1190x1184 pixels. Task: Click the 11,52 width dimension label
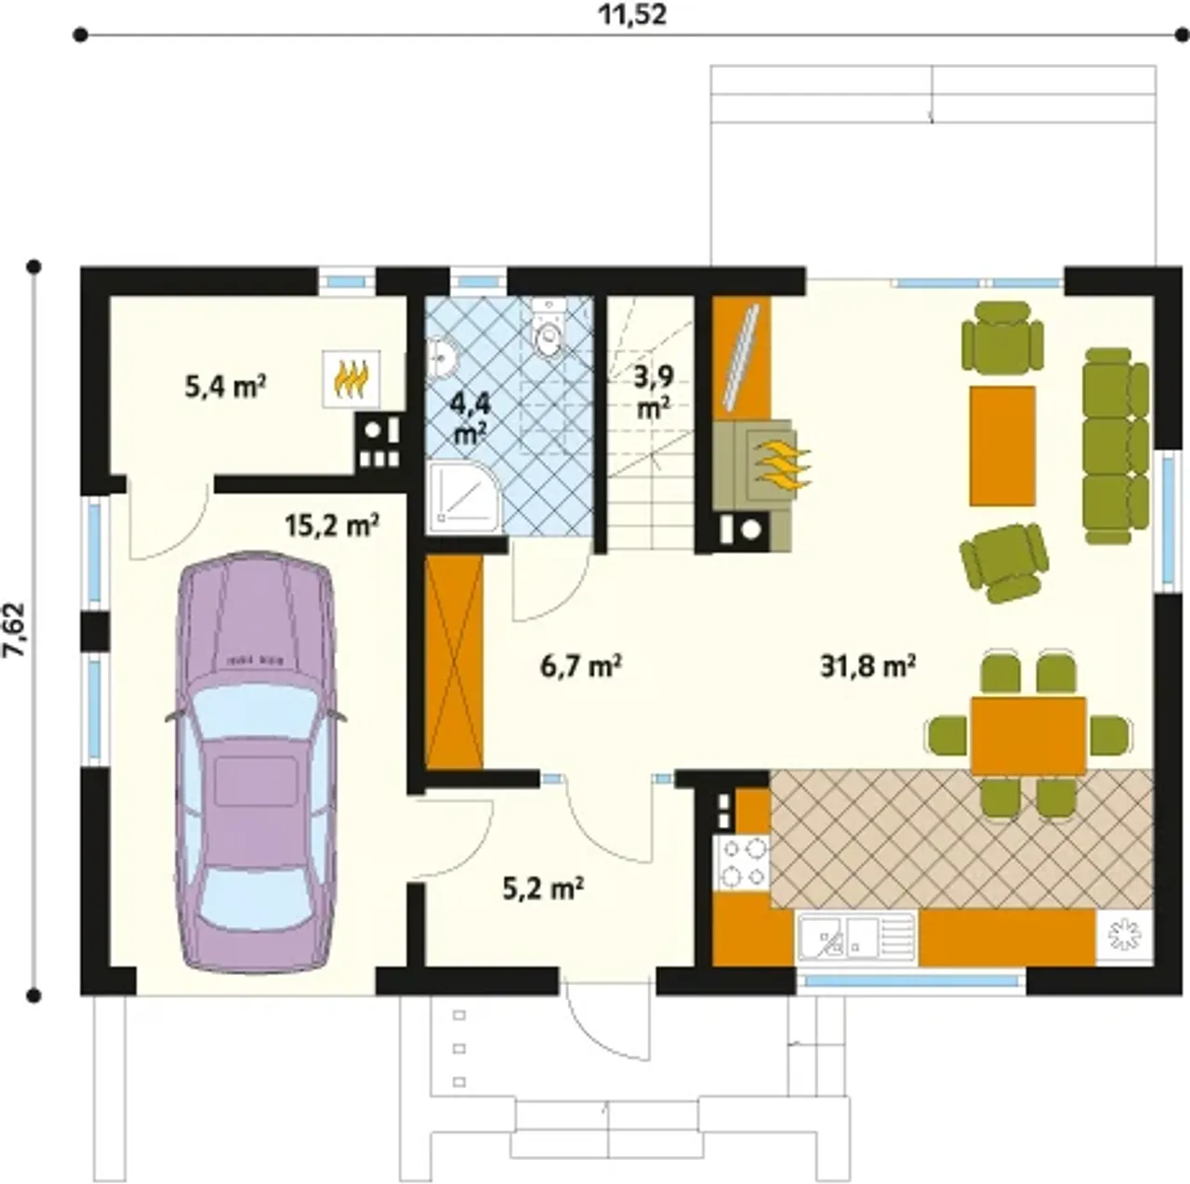coord(632,14)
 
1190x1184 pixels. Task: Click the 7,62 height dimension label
coord(16,629)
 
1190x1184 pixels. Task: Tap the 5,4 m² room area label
coord(225,388)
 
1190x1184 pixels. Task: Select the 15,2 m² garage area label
coord(332,526)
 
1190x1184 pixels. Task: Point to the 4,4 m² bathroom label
coord(469,418)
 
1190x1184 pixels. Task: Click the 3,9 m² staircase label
coord(654,392)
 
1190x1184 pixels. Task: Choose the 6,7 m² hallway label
coord(580,666)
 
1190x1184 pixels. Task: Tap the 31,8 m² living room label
coord(867,666)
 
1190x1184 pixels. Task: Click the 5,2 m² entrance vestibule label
coord(543,889)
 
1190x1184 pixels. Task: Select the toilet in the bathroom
coord(548,328)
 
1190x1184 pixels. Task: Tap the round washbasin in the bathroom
coord(443,357)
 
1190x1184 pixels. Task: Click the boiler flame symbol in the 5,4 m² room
coord(350,378)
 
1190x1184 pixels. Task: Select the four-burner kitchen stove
coord(742,863)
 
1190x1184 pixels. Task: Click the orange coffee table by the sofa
coord(1002,445)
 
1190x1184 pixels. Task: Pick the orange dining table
coord(1028,736)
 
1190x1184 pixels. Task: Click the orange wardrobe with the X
coord(454,663)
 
